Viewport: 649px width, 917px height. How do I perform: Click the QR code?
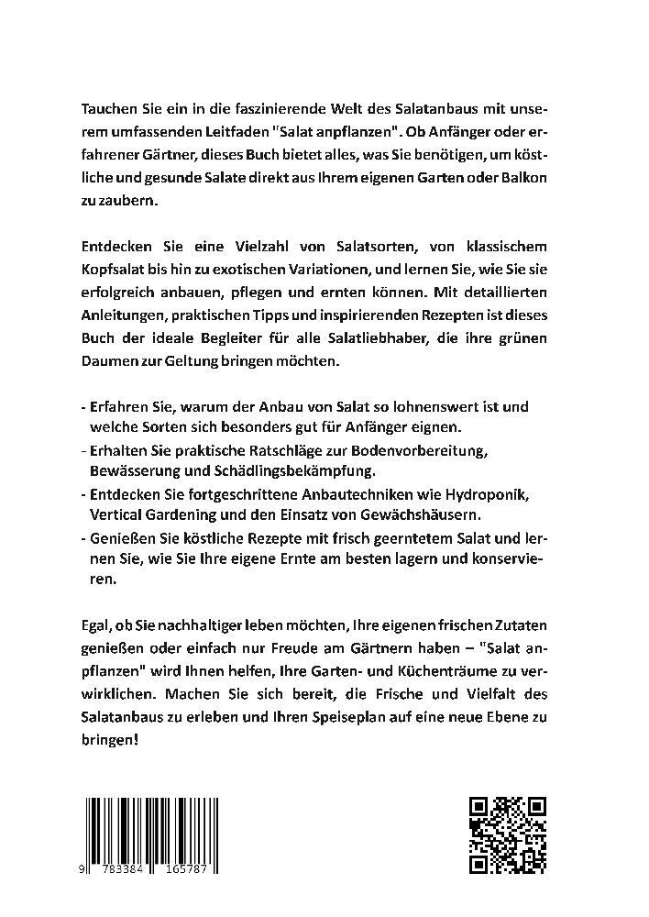pyautogui.click(x=508, y=834)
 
